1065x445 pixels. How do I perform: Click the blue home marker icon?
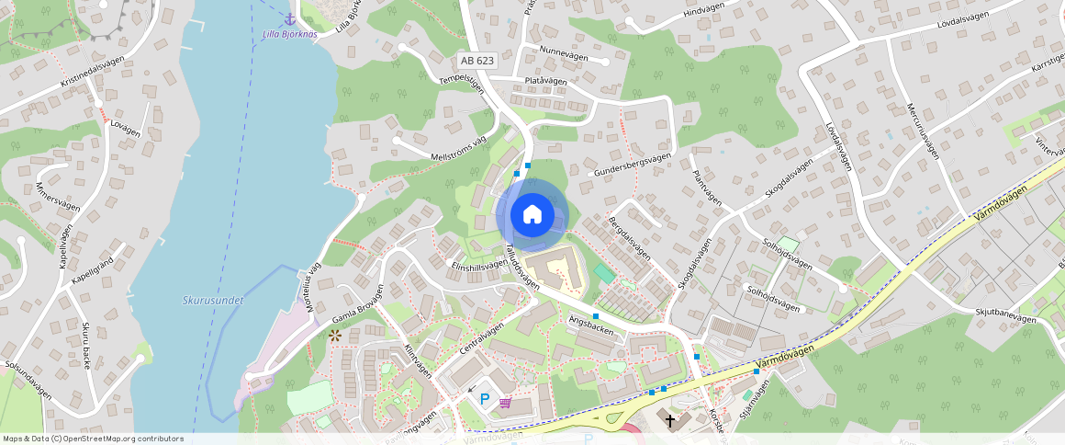coord(532,215)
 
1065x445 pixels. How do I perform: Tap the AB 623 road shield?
coord(476,61)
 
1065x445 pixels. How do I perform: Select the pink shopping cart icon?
coord(505,403)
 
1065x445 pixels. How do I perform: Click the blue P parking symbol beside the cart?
coord(485,400)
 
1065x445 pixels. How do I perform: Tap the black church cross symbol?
coord(670,421)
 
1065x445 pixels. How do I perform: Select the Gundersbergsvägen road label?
coord(633,165)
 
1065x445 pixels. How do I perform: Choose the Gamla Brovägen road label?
coord(356,314)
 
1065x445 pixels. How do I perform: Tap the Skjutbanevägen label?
coord(1006,317)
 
